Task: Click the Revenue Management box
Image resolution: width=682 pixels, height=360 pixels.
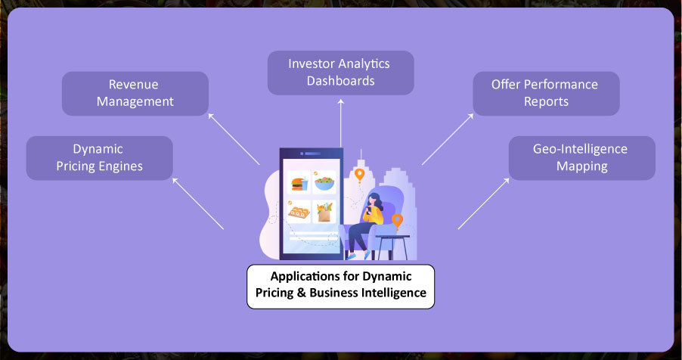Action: pyautogui.click(x=135, y=93)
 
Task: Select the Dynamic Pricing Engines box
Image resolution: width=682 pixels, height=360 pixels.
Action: pyautogui.click(x=99, y=157)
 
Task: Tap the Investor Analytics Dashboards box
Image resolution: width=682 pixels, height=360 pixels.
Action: pyautogui.click(x=340, y=72)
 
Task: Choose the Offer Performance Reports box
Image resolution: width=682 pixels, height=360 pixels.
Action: pyautogui.click(x=545, y=93)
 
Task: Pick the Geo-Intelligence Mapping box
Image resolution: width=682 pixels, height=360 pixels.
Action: pyautogui.click(x=581, y=157)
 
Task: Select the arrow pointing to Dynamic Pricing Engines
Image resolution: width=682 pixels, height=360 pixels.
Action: pyautogui.click(x=198, y=203)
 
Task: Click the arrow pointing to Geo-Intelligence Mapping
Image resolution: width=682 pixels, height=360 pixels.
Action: pyautogui.click(x=482, y=203)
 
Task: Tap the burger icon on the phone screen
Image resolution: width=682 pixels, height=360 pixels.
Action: pyautogui.click(x=297, y=184)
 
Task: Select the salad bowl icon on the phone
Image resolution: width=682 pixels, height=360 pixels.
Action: pyautogui.click(x=325, y=184)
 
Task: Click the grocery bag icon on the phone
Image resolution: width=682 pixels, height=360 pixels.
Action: pyautogui.click(x=325, y=211)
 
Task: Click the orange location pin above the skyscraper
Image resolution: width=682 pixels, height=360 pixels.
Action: pyautogui.click(x=359, y=175)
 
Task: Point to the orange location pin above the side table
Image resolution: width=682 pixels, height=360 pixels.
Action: pyautogui.click(x=397, y=221)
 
